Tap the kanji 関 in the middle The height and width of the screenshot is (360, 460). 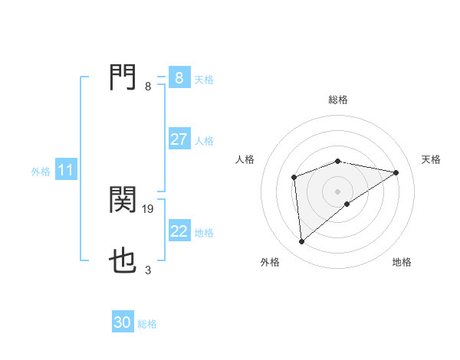click(123, 200)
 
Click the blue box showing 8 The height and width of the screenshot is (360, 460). click(179, 78)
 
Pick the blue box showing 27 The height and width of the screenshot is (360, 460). click(179, 139)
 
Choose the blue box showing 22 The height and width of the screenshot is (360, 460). click(179, 231)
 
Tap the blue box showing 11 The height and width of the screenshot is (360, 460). click(65, 170)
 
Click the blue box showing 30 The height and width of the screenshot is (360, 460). click(123, 322)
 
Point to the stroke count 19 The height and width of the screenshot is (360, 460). click(149, 208)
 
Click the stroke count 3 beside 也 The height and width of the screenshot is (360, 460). click(148, 270)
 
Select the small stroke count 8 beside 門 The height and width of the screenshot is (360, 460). click(148, 86)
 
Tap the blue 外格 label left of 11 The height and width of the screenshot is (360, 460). click(41, 172)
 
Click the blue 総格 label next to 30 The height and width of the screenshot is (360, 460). click(147, 324)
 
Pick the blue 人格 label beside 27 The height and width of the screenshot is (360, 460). click(204, 141)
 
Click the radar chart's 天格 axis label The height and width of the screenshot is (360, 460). click(432, 159)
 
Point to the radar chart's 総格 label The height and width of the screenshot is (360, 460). click(338, 100)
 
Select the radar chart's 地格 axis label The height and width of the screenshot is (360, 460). click(402, 262)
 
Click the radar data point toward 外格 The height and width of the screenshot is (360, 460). click(302, 242)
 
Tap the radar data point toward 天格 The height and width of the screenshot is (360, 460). click(396, 172)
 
